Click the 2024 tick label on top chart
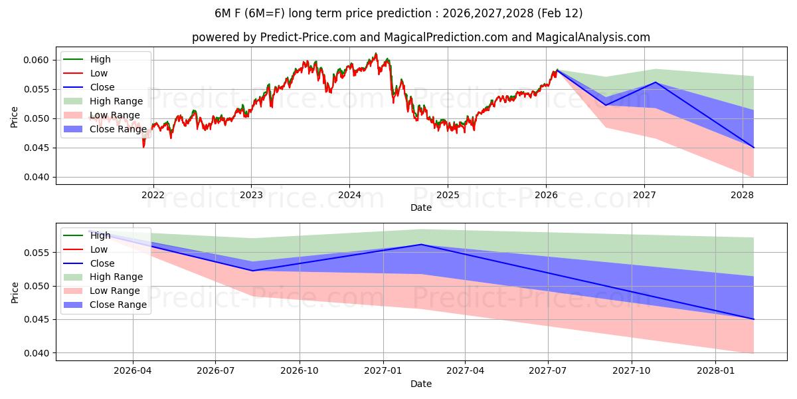pos(349,194)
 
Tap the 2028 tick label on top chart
pos(742,194)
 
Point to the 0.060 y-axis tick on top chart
pos(38,60)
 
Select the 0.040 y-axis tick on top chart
pos(38,177)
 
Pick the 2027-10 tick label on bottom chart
pos(632,370)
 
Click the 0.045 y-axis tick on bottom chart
pos(38,319)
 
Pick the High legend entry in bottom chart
pos(100,235)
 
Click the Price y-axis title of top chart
pos(15,116)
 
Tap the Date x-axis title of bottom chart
pos(421,384)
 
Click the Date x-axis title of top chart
pos(421,207)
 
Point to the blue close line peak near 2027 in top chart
pos(656,82)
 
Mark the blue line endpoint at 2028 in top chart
pos(754,148)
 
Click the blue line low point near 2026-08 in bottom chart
pos(252,271)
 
